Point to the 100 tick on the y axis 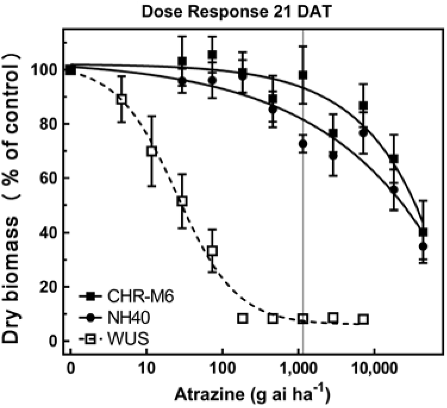[50, 70]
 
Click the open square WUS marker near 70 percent [152, 151]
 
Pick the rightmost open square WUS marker [363, 319]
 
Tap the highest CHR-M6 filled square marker [212, 55]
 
